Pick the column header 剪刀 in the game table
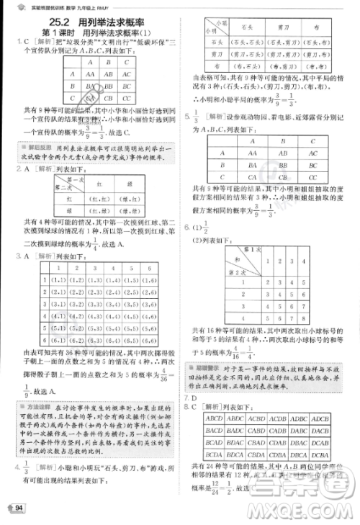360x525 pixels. [271, 28]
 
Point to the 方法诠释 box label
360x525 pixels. [35, 390]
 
